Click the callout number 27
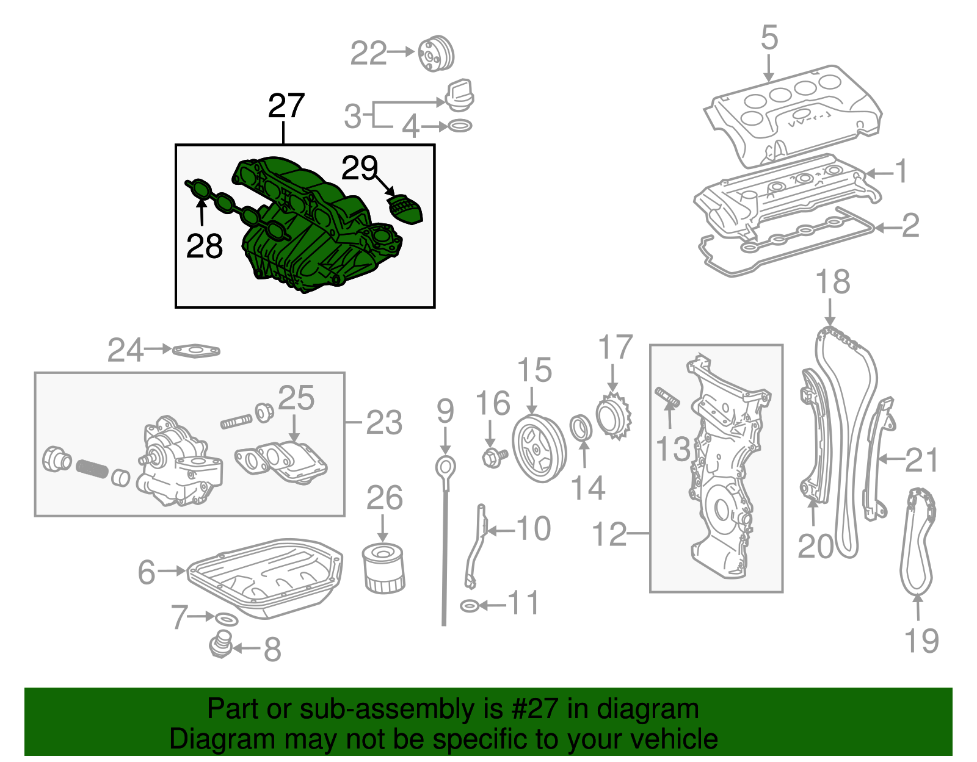point(286,106)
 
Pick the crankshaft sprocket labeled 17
point(614,418)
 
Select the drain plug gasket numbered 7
point(226,620)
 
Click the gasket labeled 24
point(196,351)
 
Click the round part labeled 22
point(436,54)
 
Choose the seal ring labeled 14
point(581,427)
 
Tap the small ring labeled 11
point(468,606)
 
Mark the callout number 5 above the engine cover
point(769,38)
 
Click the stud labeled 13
point(667,396)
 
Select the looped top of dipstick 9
point(445,467)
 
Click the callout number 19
point(921,641)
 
